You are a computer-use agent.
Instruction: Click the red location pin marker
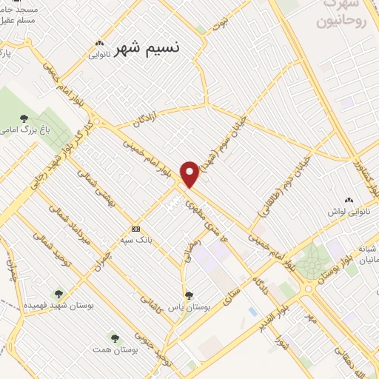190,173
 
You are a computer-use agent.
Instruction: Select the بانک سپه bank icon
135,229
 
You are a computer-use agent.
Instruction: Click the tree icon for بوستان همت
114,337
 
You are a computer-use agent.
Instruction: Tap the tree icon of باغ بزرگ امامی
24,118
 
